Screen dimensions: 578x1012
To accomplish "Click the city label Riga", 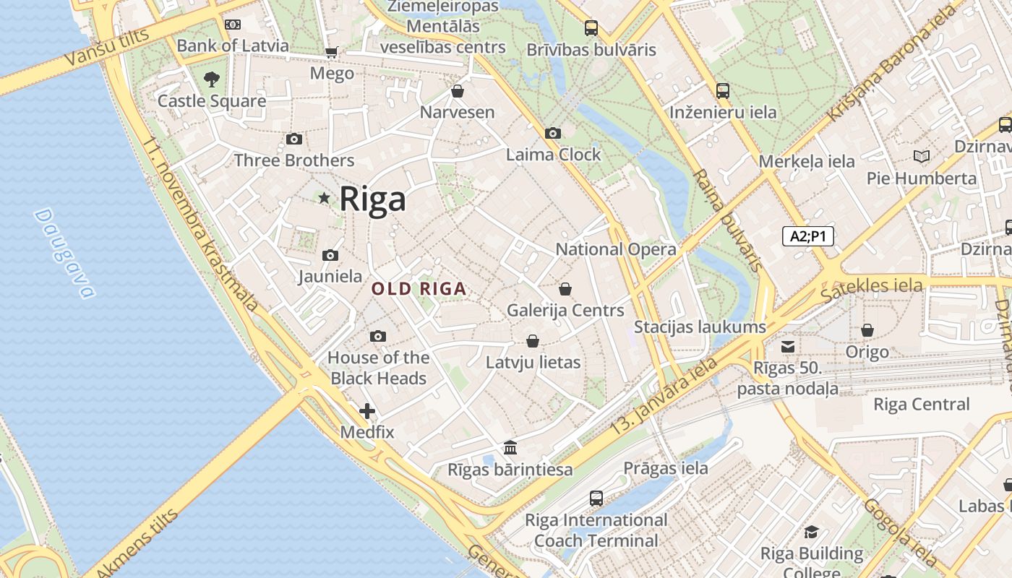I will point(372,199).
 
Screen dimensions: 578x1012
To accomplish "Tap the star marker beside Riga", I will point(325,197).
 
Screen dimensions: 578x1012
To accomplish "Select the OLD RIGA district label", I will point(419,289).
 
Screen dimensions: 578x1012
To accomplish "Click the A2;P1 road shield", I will point(808,236).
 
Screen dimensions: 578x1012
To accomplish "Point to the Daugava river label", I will point(64,253).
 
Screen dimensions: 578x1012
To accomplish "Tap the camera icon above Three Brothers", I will point(293,139).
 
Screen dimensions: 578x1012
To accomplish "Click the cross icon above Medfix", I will point(367,411).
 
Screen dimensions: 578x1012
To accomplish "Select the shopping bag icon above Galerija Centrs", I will point(565,289).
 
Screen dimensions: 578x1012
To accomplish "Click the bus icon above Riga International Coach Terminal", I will point(596,498).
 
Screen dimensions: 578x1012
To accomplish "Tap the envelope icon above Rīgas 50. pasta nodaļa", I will point(787,347).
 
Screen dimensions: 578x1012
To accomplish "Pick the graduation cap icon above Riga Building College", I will point(811,532).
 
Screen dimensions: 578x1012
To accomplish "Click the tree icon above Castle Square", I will point(211,79).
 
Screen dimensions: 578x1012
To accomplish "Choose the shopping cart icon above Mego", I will point(332,52).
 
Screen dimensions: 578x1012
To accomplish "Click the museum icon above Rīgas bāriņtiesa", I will point(510,447).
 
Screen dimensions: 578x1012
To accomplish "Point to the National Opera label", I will point(616,249).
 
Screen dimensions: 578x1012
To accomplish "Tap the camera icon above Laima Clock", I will point(553,133).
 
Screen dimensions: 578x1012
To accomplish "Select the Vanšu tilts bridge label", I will point(106,48).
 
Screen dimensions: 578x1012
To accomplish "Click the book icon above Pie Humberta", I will point(922,156).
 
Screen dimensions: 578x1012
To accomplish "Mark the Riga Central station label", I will point(921,404).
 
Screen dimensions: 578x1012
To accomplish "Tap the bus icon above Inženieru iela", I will point(723,91).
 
